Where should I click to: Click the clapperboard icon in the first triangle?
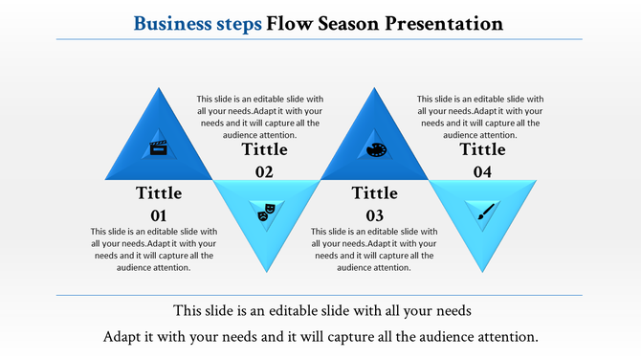(x=159, y=147)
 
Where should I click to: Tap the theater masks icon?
(x=266, y=212)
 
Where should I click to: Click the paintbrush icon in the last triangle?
(x=484, y=213)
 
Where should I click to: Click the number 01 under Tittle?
(x=159, y=214)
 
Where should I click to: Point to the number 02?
(x=264, y=171)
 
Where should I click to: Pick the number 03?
(x=374, y=214)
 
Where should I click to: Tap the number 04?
(x=483, y=171)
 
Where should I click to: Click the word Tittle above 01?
(x=159, y=193)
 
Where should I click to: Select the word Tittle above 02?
(x=264, y=149)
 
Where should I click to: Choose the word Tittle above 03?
(x=374, y=193)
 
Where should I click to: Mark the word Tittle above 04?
(x=483, y=149)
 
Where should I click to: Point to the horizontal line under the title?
(x=320, y=39)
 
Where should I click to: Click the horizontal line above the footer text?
(x=320, y=296)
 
